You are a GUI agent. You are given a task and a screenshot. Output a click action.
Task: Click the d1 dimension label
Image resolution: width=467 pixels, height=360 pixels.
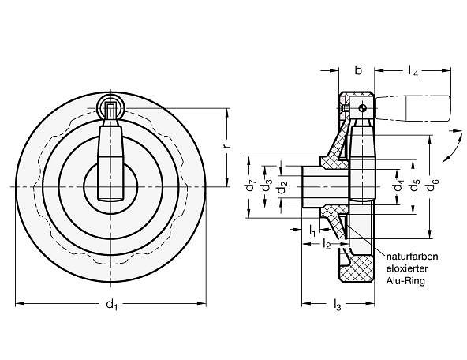(x=112, y=305)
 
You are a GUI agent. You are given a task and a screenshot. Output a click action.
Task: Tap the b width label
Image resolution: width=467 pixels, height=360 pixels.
(x=359, y=70)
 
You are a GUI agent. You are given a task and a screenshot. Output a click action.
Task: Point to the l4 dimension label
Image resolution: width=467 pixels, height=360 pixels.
(x=413, y=72)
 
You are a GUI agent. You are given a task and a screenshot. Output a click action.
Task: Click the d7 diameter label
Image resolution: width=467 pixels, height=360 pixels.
(x=251, y=186)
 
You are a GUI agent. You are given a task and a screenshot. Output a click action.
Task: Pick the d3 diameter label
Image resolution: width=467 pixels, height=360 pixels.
(x=267, y=186)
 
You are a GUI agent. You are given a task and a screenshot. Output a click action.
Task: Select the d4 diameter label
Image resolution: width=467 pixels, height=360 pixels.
(x=398, y=186)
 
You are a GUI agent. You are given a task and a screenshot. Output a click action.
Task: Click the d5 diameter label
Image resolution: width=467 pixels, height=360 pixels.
(x=415, y=186)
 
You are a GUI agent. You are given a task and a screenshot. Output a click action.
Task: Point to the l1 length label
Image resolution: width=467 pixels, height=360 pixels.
(x=312, y=231)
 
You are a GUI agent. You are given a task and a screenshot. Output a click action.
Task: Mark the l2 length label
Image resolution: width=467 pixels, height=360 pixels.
(x=327, y=245)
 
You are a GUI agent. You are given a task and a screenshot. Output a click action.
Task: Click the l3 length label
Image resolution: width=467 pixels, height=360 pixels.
(x=337, y=305)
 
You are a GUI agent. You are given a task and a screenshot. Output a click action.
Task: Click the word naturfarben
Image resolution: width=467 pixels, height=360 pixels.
(x=412, y=257)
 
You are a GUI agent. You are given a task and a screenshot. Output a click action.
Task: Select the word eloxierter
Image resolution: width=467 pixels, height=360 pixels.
(x=407, y=268)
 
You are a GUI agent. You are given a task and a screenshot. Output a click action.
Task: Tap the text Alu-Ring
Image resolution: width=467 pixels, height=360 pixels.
(x=405, y=281)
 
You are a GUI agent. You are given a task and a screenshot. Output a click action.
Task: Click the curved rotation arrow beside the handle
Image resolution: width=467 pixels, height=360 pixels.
(x=453, y=146)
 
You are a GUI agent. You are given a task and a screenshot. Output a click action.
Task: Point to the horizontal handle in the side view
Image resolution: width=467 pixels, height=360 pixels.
(x=413, y=108)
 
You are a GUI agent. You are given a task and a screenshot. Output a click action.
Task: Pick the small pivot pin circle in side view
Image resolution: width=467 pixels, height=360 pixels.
(x=362, y=108)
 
